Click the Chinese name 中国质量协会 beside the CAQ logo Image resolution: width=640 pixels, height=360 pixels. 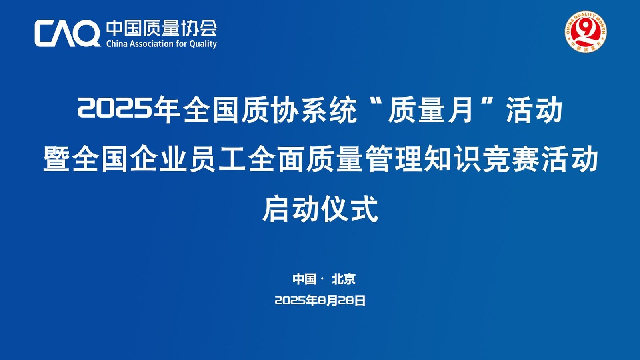click(x=162, y=28)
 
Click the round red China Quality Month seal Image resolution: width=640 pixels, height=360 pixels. click(x=586, y=32)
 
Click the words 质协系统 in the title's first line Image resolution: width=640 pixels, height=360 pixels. click(x=299, y=110)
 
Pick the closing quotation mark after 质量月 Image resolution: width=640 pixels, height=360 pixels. click(x=488, y=101)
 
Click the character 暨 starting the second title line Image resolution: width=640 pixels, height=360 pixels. click(x=56, y=158)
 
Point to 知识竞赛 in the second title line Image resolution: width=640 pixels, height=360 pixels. click(x=481, y=158)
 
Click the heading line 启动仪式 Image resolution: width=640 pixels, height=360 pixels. click(x=320, y=208)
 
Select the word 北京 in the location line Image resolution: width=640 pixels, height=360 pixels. click(x=344, y=279)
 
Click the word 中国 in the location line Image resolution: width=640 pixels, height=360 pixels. click(x=304, y=279)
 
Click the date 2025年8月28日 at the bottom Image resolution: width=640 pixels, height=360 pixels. click(x=320, y=300)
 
